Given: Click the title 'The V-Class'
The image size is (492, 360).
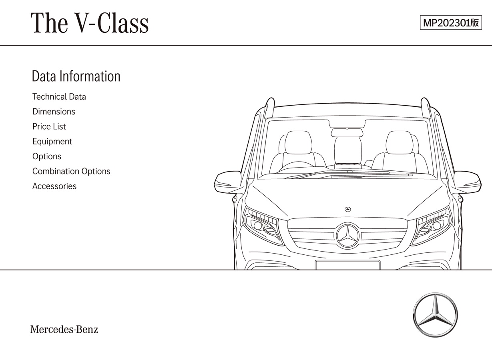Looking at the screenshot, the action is point(90,23).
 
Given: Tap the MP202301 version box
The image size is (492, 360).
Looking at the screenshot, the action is point(451,22).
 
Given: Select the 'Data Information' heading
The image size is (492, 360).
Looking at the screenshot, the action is point(76,76).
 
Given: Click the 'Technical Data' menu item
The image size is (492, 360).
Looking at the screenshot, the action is point(59,96).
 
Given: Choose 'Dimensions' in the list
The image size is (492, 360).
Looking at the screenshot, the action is point(54,112).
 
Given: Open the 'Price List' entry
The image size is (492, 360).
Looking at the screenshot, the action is point(49,126).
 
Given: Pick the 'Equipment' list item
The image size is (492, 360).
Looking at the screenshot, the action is point(52,142).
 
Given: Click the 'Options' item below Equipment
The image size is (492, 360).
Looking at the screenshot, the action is point(47,156).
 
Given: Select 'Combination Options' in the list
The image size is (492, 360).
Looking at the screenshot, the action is point(71,171).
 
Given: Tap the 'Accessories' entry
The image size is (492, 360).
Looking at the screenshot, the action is point(54,186).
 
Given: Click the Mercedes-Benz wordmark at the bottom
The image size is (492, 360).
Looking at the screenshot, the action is point(64,329).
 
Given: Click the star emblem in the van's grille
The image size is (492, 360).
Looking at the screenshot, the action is point(348,236).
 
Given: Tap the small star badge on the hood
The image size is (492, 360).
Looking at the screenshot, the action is point(348,210).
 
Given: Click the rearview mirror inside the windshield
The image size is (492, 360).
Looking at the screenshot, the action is point(347,132).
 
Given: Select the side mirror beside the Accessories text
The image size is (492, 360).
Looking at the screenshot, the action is point(227,182).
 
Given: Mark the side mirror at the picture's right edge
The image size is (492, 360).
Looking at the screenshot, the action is point(468,182).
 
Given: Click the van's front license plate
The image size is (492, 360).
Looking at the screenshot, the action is point(347,265).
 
